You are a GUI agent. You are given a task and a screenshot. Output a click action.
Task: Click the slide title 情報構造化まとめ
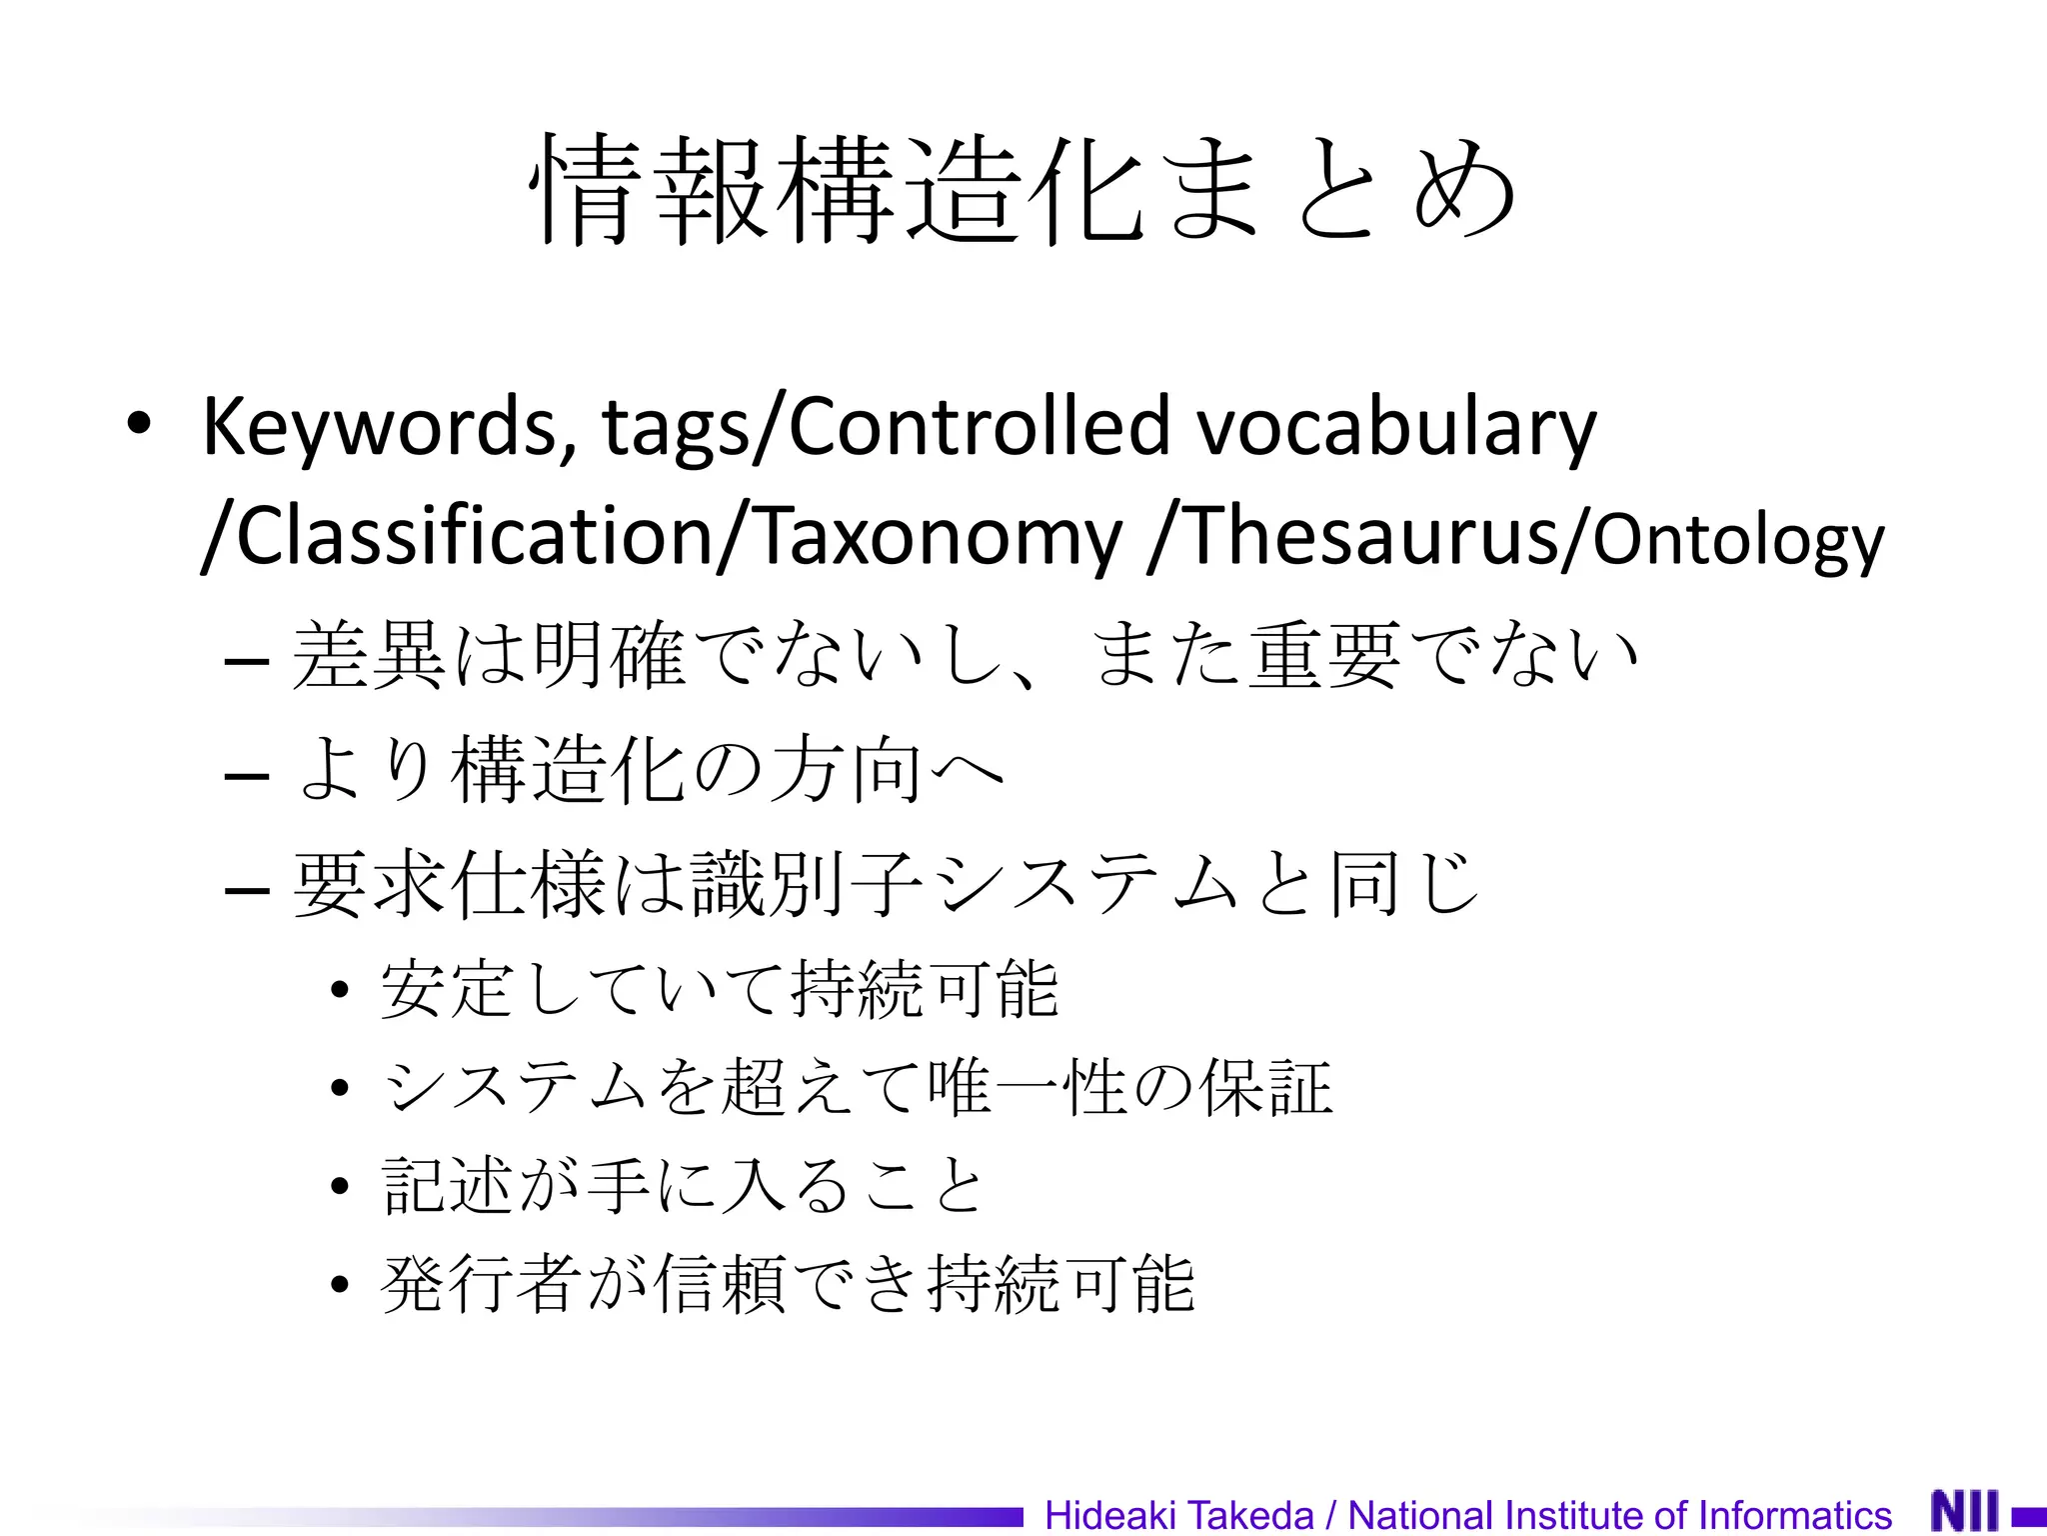(x=1023, y=190)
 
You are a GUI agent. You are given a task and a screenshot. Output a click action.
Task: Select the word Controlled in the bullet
(x=979, y=426)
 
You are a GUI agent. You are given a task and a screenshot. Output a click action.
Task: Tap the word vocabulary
(x=1396, y=426)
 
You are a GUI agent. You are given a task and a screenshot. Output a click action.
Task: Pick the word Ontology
(x=1737, y=540)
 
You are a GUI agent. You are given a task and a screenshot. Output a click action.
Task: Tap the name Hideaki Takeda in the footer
(x=1178, y=1515)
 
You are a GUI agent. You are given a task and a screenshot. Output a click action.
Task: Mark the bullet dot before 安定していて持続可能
(x=340, y=990)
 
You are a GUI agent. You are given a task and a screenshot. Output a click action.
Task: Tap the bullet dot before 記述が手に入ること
(x=340, y=1186)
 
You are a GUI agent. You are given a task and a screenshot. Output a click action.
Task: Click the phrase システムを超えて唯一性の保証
(x=858, y=1087)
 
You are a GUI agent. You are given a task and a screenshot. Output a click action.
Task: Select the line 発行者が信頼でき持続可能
(x=788, y=1284)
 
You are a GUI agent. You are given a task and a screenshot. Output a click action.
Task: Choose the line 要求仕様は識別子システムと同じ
(x=886, y=885)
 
